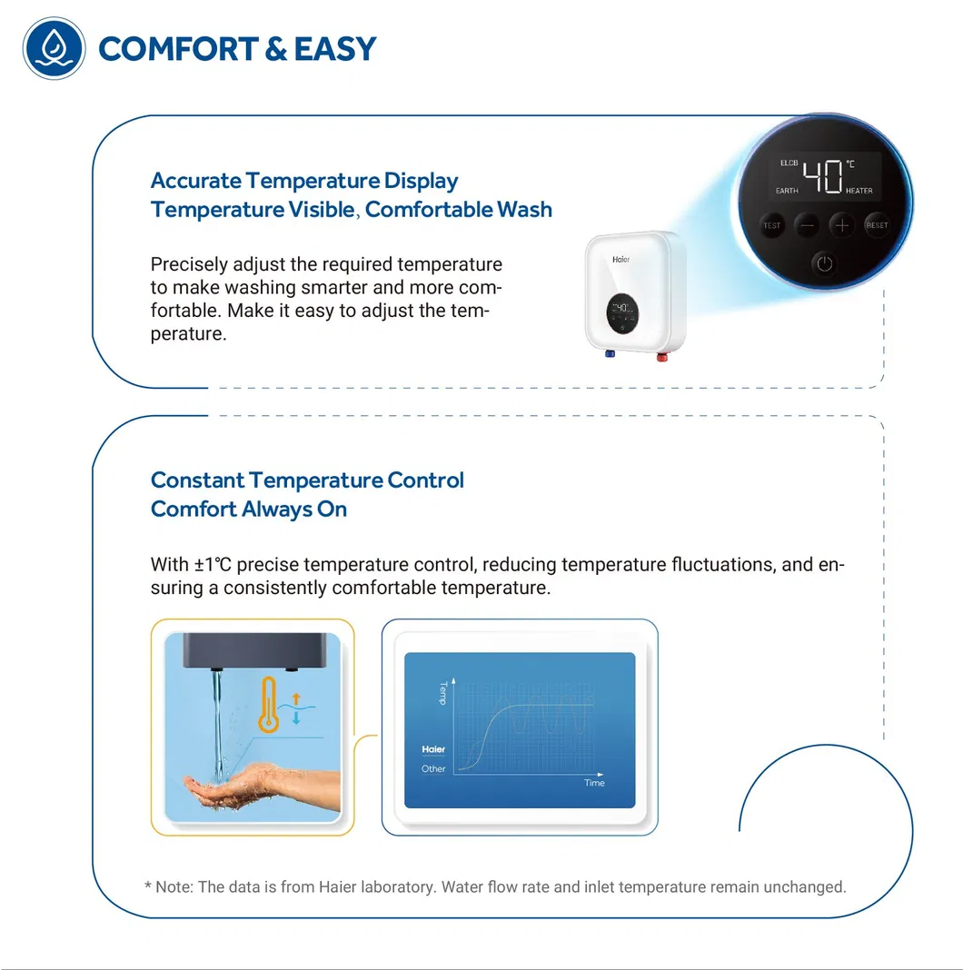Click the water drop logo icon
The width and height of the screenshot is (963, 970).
pyautogui.click(x=54, y=48)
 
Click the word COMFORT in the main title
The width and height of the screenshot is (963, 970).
pyautogui.click(x=178, y=49)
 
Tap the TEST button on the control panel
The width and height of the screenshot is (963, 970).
pyautogui.click(x=771, y=225)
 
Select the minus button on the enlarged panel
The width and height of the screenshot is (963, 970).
pyautogui.click(x=807, y=225)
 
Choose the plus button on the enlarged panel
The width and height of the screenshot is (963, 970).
pyautogui.click(x=841, y=225)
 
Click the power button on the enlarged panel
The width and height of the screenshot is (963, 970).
pyautogui.click(x=824, y=264)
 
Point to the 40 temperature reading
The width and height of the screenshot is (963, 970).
pyautogui.click(x=822, y=177)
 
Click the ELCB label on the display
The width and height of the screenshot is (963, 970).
pyautogui.click(x=789, y=163)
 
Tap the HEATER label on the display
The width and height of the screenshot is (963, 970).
pyautogui.click(x=859, y=191)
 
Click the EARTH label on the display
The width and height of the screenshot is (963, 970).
pyautogui.click(x=787, y=191)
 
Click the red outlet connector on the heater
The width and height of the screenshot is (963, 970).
pyautogui.click(x=662, y=357)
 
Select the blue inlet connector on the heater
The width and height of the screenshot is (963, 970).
pyautogui.click(x=610, y=354)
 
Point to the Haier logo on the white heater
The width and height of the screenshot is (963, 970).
pyautogui.click(x=620, y=260)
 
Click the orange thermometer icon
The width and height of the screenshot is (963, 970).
pyautogui.click(x=269, y=705)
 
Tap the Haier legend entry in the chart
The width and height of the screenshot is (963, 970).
pyautogui.click(x=433, y=749)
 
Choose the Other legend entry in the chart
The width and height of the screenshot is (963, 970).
pyautogui.click(x=433, y=769)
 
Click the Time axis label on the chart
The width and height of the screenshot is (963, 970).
pyautogui.click(x=594, y=783)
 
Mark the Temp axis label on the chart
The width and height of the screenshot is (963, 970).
pyautogui.click(x=443, y=693)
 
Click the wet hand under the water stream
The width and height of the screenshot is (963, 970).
pyautogui.click(x=261, y=787)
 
